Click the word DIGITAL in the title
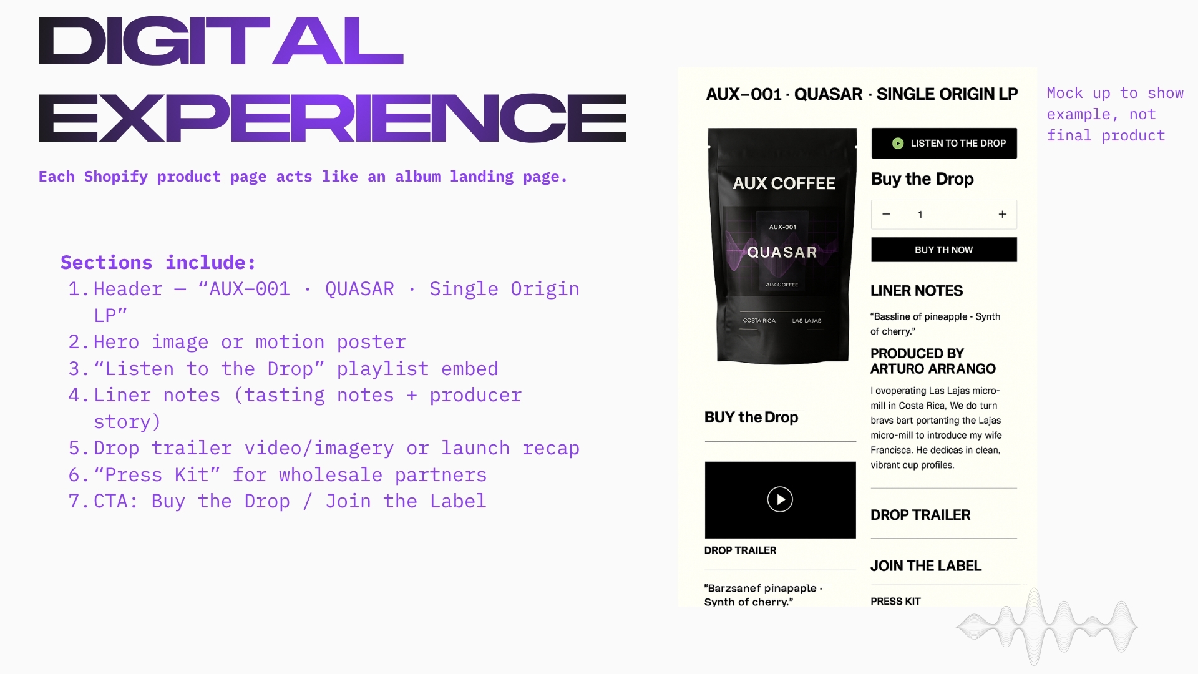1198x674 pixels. click(221, 41)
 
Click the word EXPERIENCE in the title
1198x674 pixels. click(333, 118)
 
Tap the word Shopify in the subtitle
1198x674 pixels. click(116, 177)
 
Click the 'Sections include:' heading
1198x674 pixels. click(158, 263)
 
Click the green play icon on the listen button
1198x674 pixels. click(898, 144)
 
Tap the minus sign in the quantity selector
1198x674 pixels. click(886, 214)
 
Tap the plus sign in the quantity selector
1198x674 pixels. click(1003, 214)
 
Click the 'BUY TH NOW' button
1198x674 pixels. click(944, 250)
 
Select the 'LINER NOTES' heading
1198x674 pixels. click(917, 291)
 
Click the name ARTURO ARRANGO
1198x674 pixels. click(933, 369)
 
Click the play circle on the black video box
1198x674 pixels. click(780, 499)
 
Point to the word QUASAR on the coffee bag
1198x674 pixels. click(782, 252)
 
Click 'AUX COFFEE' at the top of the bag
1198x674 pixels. click(784, 183)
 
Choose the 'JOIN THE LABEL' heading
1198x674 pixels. click(926, 566)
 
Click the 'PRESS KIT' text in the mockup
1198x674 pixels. click(895, 601)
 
